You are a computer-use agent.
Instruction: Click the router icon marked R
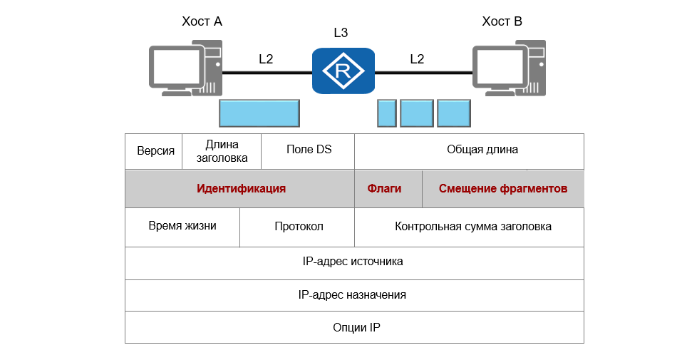tap(343, 71)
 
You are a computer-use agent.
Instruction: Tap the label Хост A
tap(202, 21)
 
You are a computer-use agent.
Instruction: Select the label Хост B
tap(502, 21)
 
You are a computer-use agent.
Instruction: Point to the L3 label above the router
tap(341, 33)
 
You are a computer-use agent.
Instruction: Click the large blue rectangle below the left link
tap(259, 113)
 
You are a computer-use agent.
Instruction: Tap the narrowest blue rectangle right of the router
tap(386, 113)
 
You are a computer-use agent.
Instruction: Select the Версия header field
tap(155, 151)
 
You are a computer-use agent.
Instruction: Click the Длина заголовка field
tap(222, 151)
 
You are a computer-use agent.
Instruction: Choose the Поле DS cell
tap(309, 150)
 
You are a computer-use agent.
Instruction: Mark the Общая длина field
tap(482, 150)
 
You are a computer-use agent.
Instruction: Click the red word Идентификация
tap(241, 189)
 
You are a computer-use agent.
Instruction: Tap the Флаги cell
tap(384, 189)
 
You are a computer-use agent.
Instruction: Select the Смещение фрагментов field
tap(503, 189)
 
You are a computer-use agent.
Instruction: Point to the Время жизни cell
tap(182, 226)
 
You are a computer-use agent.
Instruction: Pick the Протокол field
tap(299, 227)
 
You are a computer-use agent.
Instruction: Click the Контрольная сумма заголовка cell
tap(473, 227)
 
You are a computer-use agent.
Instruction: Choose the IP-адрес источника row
tap(353, 262)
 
